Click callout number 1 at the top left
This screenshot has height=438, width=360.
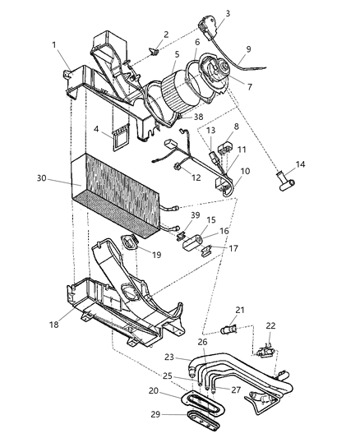point(55,44)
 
